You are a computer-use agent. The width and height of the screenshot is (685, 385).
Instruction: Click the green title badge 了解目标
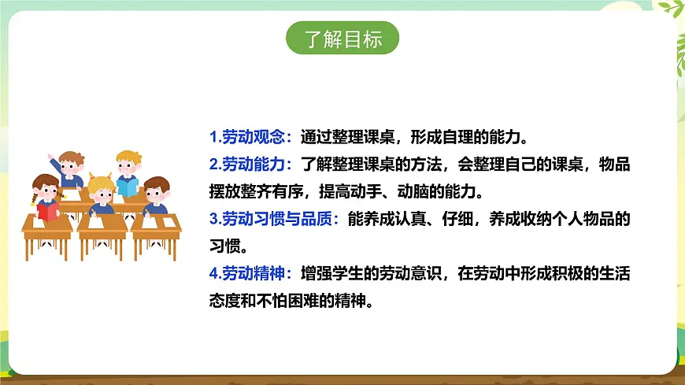[x=342, y=39]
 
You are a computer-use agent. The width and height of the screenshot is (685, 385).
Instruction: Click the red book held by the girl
[x=48, y=211]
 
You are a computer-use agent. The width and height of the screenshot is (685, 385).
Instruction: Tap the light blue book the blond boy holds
[x=128, y=186]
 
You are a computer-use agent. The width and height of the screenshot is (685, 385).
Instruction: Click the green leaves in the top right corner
[x=672, y=9]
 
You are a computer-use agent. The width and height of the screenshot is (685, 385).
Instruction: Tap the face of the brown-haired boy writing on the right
[x=156, y=191]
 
